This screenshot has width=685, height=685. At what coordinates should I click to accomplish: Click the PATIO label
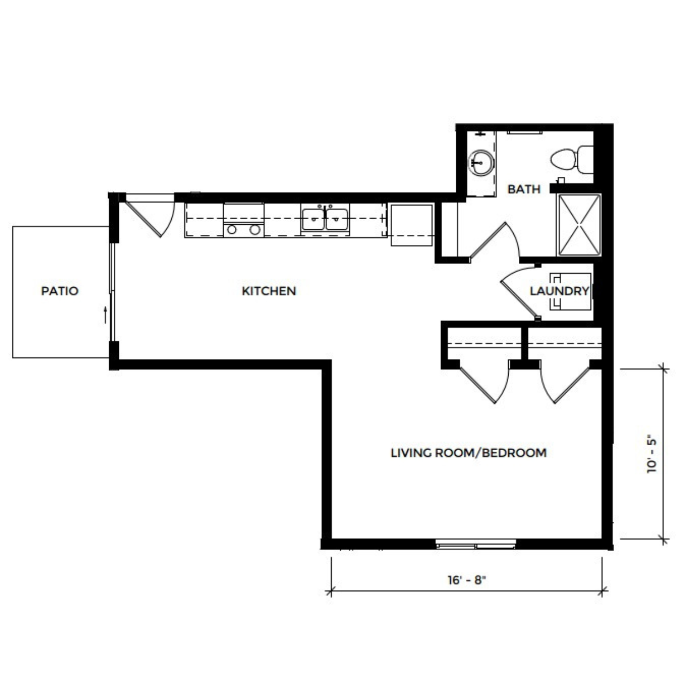pyautogui.click(x=60, y=291)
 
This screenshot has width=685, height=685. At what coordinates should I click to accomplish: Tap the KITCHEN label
pyautogui.click(x=269, y=291)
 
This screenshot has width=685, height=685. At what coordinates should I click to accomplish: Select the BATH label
pyautogui.click(x=524, y=189)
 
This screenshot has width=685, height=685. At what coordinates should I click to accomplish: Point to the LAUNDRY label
pyautogui.click(x=559, y=291)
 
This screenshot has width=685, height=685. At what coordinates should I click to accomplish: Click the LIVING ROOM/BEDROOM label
pyautogui.click(x=469, y=453)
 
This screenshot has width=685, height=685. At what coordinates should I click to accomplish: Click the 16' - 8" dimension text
pyautogui.click(x=466, y=580)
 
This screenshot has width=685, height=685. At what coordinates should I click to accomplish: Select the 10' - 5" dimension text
pyautogui.click(x=652, y=455)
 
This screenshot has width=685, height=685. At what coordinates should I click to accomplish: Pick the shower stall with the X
pyautogui.click(x=579, y=225)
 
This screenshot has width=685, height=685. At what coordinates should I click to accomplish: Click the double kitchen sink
pyautogui.click(x=325, y=219)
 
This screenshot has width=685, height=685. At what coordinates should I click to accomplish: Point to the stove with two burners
pyautogui.click(x=243, y=220)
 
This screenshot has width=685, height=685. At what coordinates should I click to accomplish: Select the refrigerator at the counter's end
pyautogui.click(x=411, y=225)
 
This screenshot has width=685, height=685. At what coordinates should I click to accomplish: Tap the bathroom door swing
pyautogui.click(x=495, y=240)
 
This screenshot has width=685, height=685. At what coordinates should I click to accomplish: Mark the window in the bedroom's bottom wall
pyautogui.click(x=476, y=544)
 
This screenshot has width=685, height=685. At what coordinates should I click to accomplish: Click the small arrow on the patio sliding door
pyautogui.click(x=105, y=315)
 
